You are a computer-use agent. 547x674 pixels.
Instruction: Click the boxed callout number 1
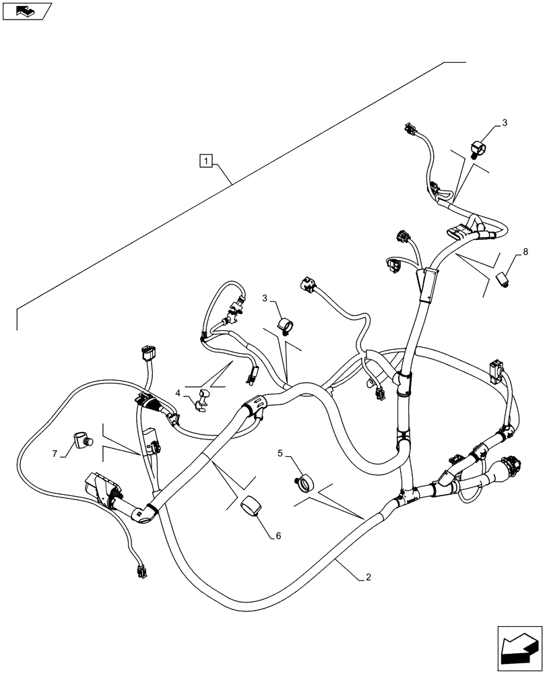pyautogui.click(x=207, y=160)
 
